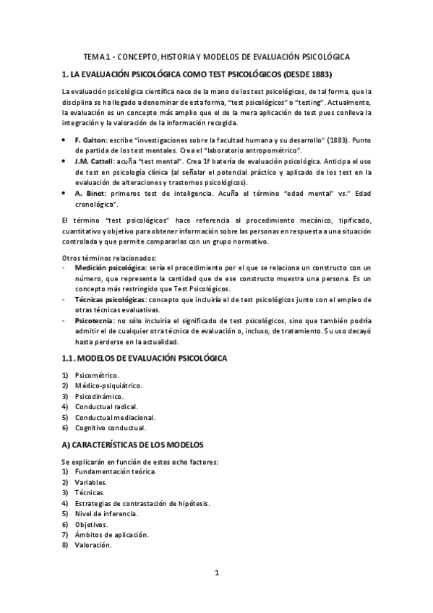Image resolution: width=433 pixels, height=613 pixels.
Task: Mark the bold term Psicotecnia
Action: (x=93, y=320)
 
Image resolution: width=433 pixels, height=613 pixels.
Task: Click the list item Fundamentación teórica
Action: (x=116, y=471)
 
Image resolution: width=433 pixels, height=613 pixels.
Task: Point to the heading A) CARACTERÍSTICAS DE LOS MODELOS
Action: (x=133, y=444)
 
